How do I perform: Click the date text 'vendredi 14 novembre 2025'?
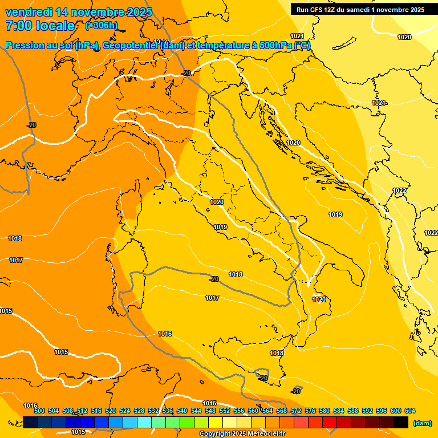[x=79, y=12]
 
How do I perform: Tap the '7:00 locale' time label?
[x=40, y=26]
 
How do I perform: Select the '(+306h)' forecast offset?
[x=102, y=26]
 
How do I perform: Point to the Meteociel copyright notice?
[x=242, y=433]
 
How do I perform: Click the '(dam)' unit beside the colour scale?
[x=422, y=423]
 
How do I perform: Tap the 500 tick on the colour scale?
[x=39, y=411]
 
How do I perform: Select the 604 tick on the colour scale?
[x=409, y=411]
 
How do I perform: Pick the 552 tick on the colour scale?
[x=225, y=411]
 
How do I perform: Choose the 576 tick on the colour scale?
[x=310, y=411]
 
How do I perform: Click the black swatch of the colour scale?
[x=401, y=422]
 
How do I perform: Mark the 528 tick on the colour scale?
[x=139, y=411]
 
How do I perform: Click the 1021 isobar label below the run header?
[x=297, y=35]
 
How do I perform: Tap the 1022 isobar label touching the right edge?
[x=431, y=233]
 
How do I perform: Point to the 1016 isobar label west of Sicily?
[x=165, y=334]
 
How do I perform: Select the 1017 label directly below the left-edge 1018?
[x=16, y=260]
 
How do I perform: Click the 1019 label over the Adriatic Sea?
[x=335, y=214]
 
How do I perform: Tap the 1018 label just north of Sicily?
[x=277, y=354]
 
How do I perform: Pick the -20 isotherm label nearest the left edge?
[x=31, y=125]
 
